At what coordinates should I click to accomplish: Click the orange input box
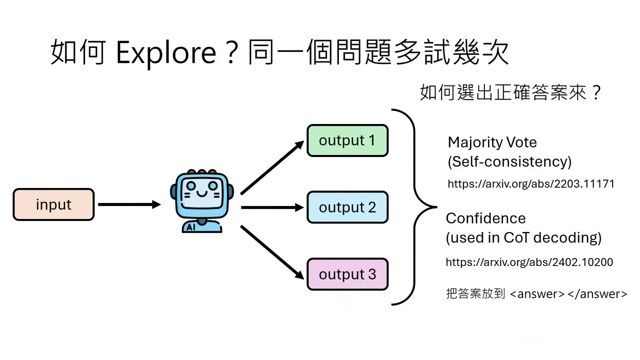(x=53, y=204)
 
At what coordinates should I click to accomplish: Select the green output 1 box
(x=347, y=140)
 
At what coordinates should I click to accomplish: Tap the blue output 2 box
(x=347, y=207)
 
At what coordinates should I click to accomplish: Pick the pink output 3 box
(x=347, y=274)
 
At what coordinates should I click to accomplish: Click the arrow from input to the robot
(x=128, y=204)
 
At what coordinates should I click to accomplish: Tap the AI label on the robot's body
(x=190, y=227)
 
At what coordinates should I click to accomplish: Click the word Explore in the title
(x=165, y=52)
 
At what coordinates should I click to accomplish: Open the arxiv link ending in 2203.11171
(x=530, y=184)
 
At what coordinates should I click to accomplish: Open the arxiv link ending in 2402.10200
(x=529, y=262)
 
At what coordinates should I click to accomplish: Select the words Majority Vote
(x=492, y=142)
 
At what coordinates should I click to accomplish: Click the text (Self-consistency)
(x=509, y=161)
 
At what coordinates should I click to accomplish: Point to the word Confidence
(x=485, y=218)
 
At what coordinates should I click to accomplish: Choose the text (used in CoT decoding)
(x=523, y=237)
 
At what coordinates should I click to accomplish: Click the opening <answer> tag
(x=537, y=294)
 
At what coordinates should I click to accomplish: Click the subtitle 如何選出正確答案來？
(x=510, y=93)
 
